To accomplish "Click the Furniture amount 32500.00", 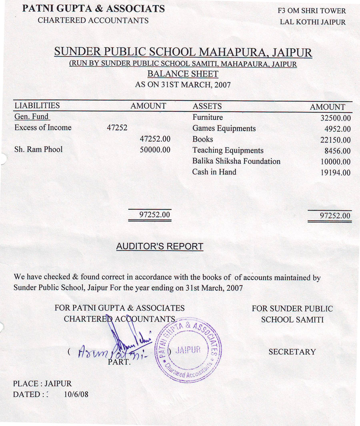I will [335, 118].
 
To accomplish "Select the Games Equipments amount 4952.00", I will [338, 129].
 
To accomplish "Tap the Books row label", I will [202, 139].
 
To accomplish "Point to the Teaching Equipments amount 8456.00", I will [338, 151].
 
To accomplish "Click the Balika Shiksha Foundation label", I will [236, 161].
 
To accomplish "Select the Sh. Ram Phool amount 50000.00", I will [155, 150].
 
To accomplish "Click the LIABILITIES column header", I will [37, 106].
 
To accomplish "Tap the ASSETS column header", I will [207, 106].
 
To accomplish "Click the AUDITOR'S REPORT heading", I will [160, 247].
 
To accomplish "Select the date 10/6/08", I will [76, 394].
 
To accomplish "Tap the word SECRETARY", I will [292, 352].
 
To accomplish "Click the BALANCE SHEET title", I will [183, 74].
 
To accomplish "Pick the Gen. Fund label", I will [31, 117].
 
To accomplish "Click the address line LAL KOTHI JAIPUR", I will [312, 22].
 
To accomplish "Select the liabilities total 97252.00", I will [155, 215].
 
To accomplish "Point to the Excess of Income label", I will [43, 128].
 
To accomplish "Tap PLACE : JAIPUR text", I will [42, 384].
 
